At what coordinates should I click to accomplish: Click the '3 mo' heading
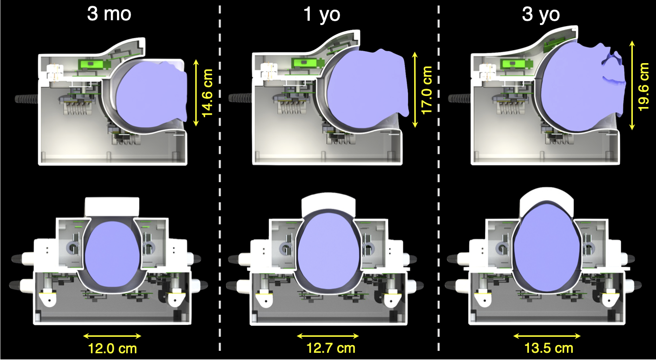[x=109, y=14]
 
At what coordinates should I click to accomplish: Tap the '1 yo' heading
[x=322, y=14]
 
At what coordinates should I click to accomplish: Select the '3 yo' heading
[x=540, y=14]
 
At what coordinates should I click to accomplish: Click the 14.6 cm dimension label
[x=207, y=93]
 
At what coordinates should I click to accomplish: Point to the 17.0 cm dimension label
[x=426, y=90]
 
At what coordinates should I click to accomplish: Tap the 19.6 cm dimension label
[x=643, y=87]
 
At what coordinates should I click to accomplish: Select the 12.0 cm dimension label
[x=112, y=348]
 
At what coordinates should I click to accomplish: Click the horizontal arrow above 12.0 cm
[x=112, y=336]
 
